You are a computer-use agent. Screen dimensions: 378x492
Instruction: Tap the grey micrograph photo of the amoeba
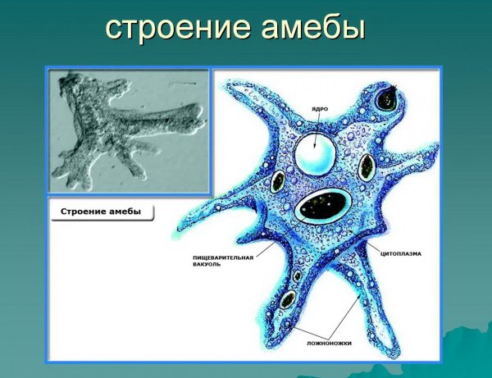pos(129,131)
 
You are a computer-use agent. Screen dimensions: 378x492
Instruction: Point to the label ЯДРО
pos(321,108)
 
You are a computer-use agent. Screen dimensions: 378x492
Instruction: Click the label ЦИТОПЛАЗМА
pos(401,254)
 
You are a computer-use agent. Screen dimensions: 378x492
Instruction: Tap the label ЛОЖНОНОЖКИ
pos(331,344)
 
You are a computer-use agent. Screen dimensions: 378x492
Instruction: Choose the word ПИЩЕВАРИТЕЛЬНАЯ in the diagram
pos(217,257)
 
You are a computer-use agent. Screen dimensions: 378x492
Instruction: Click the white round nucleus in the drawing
pos(316,153)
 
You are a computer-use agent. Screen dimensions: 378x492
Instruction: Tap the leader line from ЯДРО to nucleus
pos(319,123)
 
